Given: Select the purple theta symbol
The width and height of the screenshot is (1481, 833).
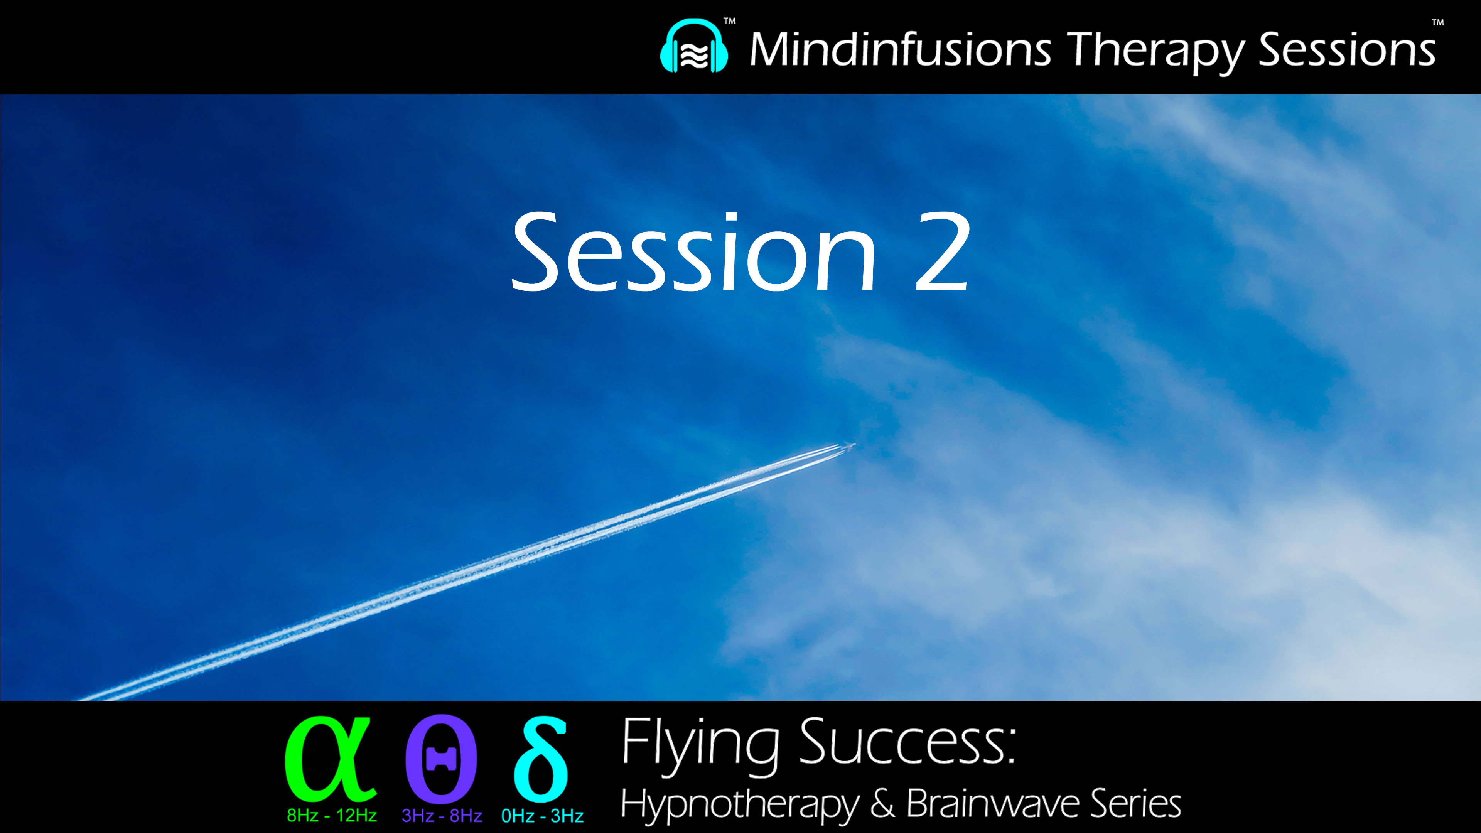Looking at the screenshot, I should pyautogui.click(x=441, y=759).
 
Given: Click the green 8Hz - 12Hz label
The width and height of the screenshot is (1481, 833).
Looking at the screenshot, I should pyautogui.click(x=332, y=816).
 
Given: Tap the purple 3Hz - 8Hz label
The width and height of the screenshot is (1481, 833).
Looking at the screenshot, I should pyautogui.click(x=442, y=816).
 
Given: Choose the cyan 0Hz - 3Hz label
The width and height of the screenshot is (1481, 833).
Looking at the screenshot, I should pyautogui.click(x=542, y=816).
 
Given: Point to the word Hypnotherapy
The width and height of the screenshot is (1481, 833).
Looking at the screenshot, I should pyautogui.click(x=739, y=804).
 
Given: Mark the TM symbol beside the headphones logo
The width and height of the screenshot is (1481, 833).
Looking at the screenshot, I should pyautogui.click(x=729, y=21).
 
